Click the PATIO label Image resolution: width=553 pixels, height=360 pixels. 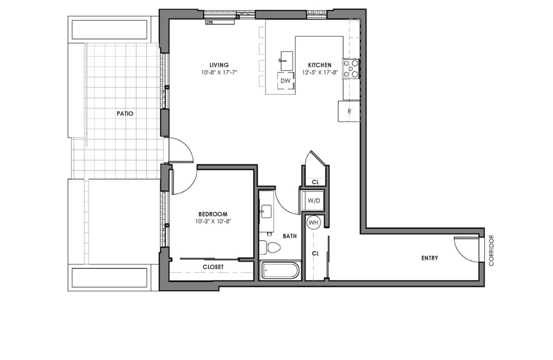125,113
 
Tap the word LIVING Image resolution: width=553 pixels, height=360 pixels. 219,65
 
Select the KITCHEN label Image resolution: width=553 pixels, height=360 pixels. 320,65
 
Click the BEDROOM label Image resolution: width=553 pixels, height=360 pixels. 213,214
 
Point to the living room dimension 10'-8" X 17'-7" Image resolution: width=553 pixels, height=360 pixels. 219,72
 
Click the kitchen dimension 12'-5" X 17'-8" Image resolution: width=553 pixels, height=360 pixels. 320,72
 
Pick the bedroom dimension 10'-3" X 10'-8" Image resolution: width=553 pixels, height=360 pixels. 213,221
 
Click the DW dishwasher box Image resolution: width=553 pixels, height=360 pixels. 286,81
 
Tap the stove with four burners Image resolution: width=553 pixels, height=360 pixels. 351,69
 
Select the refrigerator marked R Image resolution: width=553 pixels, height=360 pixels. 349,111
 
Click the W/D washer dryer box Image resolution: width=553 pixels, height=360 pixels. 313,201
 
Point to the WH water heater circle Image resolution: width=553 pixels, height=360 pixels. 313,223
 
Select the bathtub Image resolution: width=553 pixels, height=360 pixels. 280,270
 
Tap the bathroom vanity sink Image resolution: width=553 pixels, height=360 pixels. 266,212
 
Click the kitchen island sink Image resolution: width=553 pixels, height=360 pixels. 286,61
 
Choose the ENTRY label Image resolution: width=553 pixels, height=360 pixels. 429,258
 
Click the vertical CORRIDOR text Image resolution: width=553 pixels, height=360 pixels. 491,250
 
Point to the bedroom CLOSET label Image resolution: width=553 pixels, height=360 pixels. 213,267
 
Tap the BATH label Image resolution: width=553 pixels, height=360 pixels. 289,236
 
